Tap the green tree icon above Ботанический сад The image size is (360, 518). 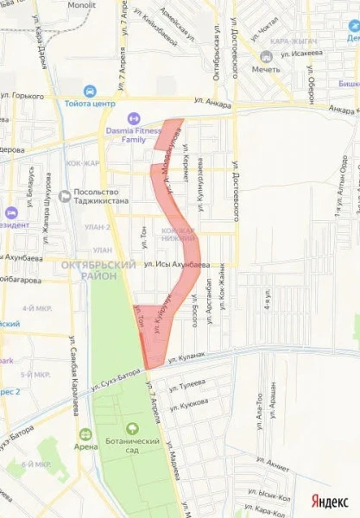pos(132,427)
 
